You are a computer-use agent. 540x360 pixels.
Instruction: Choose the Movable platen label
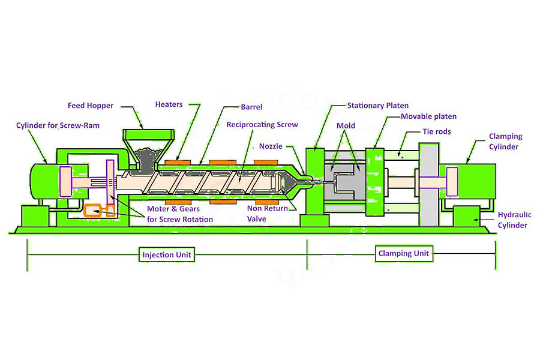pos(428,116)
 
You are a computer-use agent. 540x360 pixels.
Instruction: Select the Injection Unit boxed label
pos(166,254)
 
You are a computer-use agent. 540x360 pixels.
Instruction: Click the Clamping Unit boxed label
pos(404,253)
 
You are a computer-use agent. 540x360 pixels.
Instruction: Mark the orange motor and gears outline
pos(100,211)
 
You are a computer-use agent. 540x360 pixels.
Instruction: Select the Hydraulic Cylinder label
pos(514,220)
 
